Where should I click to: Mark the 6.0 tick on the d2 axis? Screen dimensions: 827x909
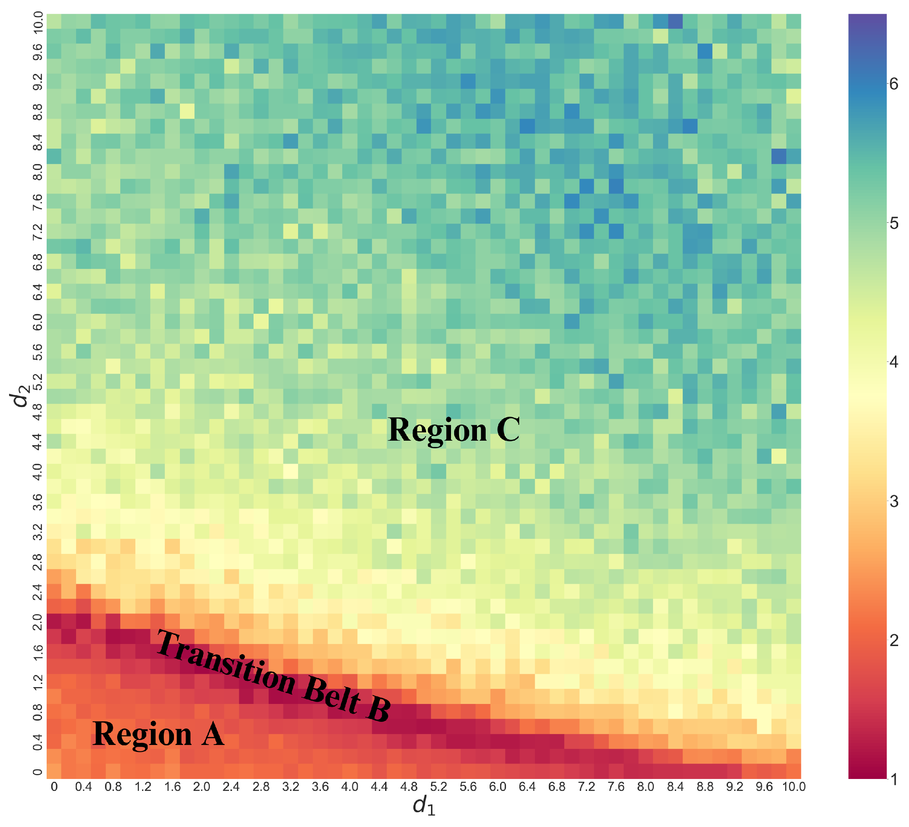coord(38,322)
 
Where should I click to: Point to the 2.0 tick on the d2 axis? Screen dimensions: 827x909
coord(38,622)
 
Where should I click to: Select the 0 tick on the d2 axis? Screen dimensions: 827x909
coord(38,772)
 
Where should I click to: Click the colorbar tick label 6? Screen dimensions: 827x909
coord(893,84)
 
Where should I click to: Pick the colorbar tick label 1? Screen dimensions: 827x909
coord(893,779)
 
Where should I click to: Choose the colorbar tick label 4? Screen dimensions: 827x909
coord(893,362)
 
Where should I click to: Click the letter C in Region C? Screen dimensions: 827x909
coord(508,429)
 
